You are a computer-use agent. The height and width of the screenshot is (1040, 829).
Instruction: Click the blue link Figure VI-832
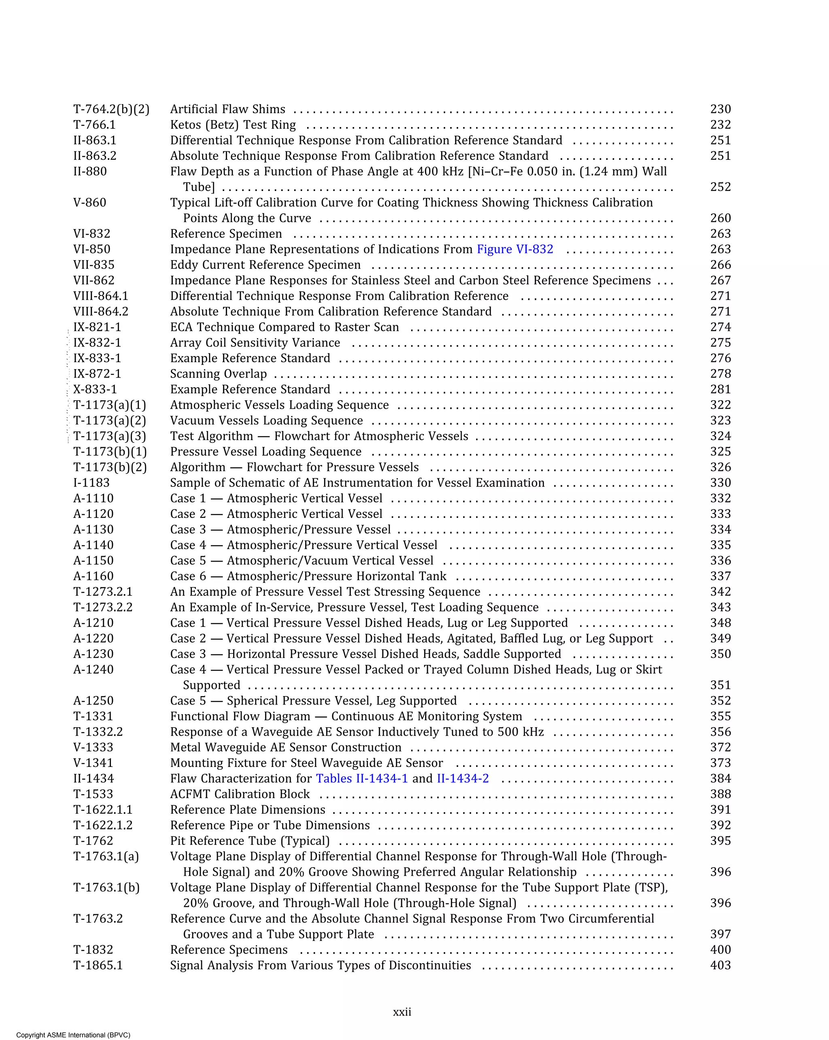coord(515,249)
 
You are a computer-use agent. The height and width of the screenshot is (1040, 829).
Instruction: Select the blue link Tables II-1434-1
coord(361,779)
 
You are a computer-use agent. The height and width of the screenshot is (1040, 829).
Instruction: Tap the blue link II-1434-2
coord(463,779)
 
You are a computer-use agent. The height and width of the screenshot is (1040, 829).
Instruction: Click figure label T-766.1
coord(95,125)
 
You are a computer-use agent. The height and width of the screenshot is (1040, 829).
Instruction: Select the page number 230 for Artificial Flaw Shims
coord(721,110)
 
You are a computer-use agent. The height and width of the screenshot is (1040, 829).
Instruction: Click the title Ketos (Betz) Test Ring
coord(233,125)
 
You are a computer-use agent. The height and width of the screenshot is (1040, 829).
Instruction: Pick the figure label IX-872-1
coord(97,374)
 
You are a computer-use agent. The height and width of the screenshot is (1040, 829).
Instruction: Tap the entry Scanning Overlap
coord(219,374)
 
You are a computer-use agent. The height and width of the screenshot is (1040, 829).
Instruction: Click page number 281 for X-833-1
coord(721,389)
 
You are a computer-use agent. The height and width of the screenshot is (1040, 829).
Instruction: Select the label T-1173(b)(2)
coord(110,467)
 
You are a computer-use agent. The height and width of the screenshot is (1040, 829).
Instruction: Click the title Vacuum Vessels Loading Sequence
coord(266,420)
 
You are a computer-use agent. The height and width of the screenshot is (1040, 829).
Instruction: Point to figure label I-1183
coord(91,483)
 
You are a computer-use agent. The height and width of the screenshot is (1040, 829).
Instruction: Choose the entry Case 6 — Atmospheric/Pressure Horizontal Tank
coord(308,576)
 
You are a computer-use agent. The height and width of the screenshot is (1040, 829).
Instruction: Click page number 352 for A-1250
coord(721,701)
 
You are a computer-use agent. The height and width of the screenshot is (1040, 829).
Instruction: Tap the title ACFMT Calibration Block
coord(240,794)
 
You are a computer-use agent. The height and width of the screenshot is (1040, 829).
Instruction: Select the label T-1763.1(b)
coord(106,887)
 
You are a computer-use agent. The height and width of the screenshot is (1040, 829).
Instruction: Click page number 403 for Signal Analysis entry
coord(721,965)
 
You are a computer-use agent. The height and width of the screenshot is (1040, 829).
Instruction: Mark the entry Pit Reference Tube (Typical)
coord(250,841)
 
